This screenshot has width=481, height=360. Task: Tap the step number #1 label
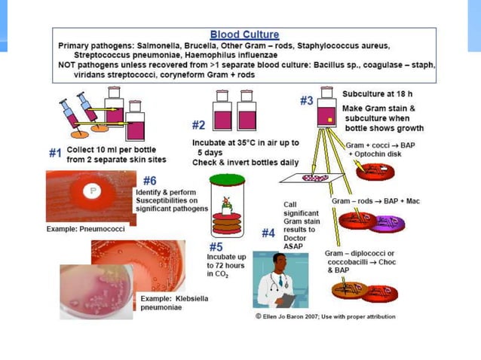point(55,153)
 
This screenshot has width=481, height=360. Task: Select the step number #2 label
point(198,124)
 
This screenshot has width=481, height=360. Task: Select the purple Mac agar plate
point(389,221)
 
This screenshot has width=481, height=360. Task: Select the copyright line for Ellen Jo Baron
point(325,316)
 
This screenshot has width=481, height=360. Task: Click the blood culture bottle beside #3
point(326,111)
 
